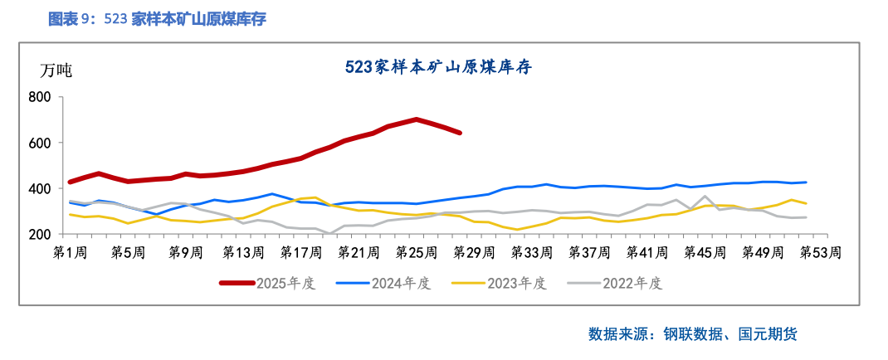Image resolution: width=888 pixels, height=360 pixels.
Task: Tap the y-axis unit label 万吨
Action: coord(56,71)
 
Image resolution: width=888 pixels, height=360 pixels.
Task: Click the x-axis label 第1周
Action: coord(71,251)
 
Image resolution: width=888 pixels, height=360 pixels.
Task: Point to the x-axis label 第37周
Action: coord(588,251)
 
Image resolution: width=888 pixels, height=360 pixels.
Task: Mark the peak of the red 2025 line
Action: coord(416,119)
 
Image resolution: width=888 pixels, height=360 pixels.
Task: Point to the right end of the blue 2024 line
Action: coord(806,182)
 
